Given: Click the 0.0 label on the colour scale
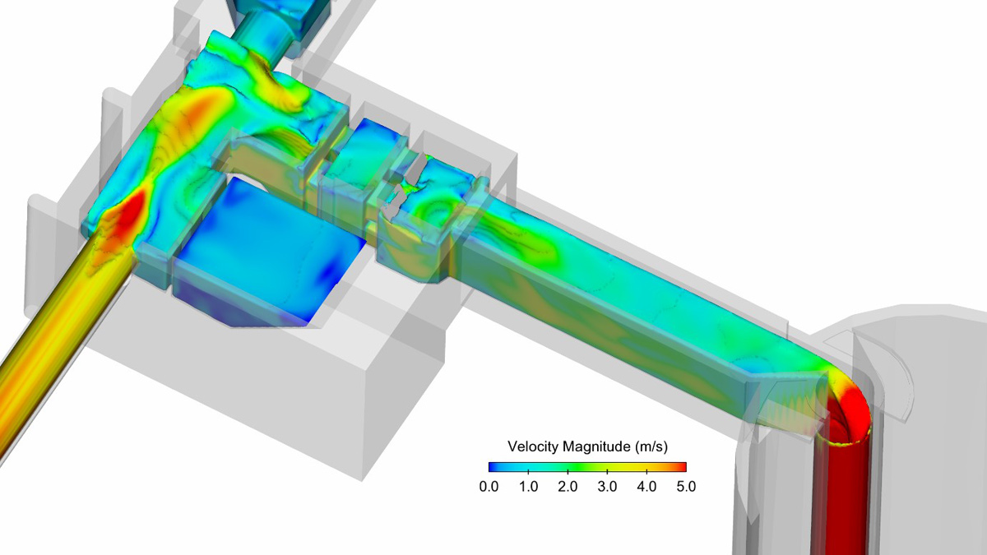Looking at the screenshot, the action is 489,486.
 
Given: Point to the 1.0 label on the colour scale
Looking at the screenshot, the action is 528,486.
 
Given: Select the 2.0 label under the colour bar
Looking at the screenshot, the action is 568,486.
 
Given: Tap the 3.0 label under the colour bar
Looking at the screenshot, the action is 607,486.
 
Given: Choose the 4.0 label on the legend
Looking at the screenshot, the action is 646,486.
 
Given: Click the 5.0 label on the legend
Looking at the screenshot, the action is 686,486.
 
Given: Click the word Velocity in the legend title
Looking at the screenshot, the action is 533,446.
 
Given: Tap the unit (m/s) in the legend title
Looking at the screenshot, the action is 651,446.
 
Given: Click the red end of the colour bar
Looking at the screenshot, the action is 682,467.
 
